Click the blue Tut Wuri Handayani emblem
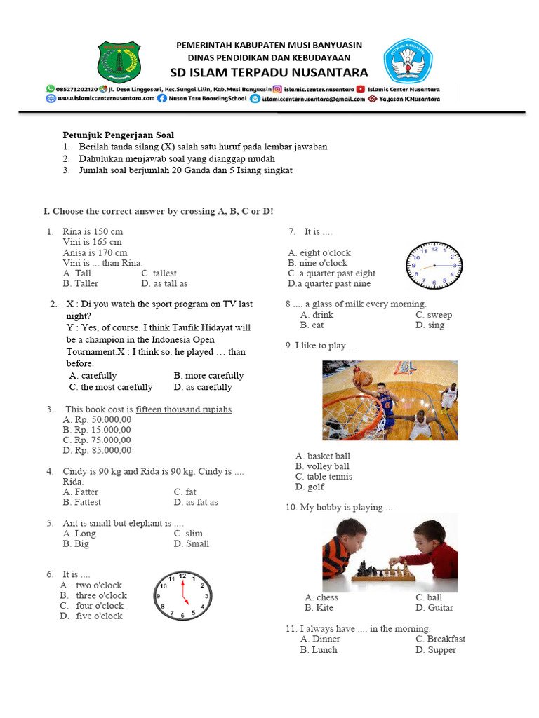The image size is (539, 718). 408,62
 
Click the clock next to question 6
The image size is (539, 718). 182,595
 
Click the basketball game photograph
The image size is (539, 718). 390,400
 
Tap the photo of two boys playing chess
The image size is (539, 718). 390,553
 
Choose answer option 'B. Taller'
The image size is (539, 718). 81,284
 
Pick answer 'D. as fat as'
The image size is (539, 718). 196,502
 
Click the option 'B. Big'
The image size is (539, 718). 76,543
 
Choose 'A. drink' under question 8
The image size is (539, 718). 317,315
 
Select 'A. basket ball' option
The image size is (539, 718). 323,456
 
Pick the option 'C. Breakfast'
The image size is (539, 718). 440,639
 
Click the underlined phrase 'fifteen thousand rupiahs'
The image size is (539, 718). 184,409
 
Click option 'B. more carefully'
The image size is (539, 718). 208,376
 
